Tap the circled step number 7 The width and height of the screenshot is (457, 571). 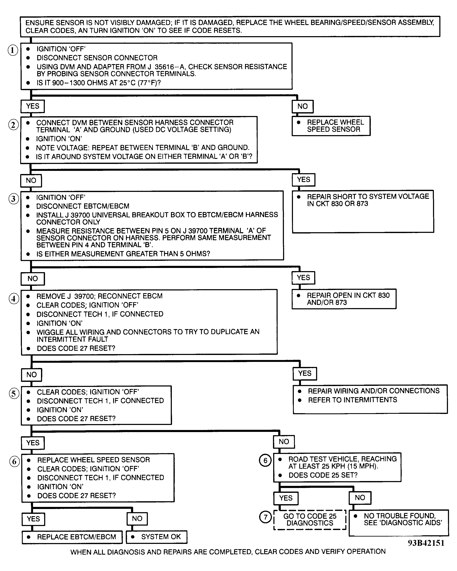coord(265,517)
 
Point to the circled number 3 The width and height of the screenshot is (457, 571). coord(13,199)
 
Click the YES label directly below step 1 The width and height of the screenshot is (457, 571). coord(33,106)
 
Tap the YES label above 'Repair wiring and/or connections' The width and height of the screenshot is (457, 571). coord(305,373)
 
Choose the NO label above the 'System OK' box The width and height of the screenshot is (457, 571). coord(137,518)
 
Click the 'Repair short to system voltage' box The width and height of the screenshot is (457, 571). coord(363,211)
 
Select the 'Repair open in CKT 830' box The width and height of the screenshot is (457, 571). coord(344,299)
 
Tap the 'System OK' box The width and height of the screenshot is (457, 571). coord(157,537)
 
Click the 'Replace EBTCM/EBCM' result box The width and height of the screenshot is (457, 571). coord(72,537)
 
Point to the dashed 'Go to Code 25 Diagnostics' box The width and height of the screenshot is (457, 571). coord(310,520)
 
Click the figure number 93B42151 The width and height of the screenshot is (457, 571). coord(426,543)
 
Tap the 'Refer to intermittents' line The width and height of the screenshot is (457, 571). coord(352,400)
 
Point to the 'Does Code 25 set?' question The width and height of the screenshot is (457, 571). coord(323,475)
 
